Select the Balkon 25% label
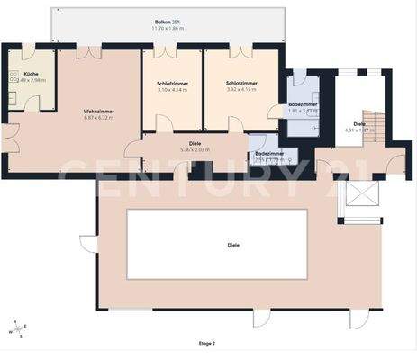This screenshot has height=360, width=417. tap(168, 22)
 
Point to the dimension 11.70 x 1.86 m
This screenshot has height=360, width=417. tap(168, 29)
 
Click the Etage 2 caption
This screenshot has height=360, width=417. tap(207, 343)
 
